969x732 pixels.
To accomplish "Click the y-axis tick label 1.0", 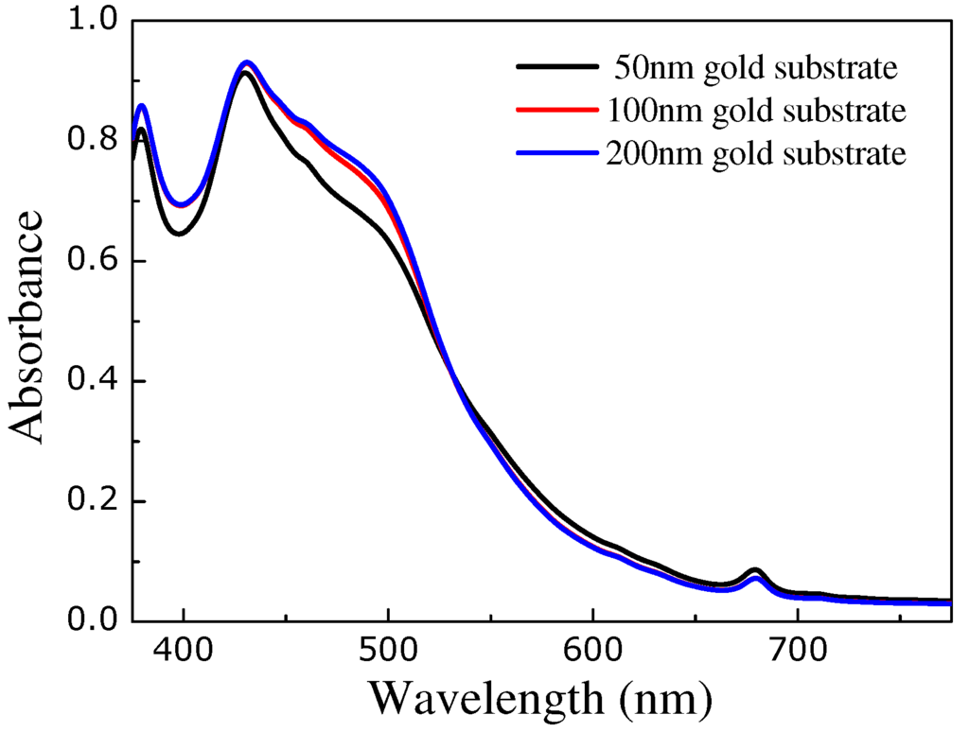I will click(x=95, y=21).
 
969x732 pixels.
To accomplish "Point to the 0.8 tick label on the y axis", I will click(x=95, y=141).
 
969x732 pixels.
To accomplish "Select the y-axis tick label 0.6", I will click(x=95, y=261).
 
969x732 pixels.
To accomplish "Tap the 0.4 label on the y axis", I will click(x=95, y=381).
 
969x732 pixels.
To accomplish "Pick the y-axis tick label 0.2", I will click(x=95, y=501).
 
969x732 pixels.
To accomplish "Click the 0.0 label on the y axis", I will click(x=95, y=620).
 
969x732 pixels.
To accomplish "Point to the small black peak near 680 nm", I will click(x=754, y=570).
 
